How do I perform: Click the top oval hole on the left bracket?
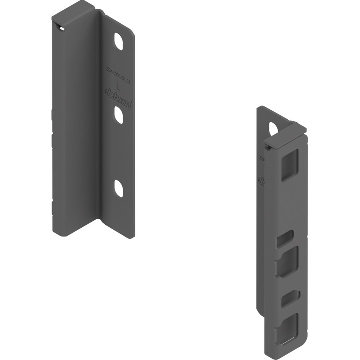click(x=120, y=42)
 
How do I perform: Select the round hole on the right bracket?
click(x=273, y=129)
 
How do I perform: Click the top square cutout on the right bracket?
click(x=289, y=165)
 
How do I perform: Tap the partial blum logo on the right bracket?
click(x=259, y=180)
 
